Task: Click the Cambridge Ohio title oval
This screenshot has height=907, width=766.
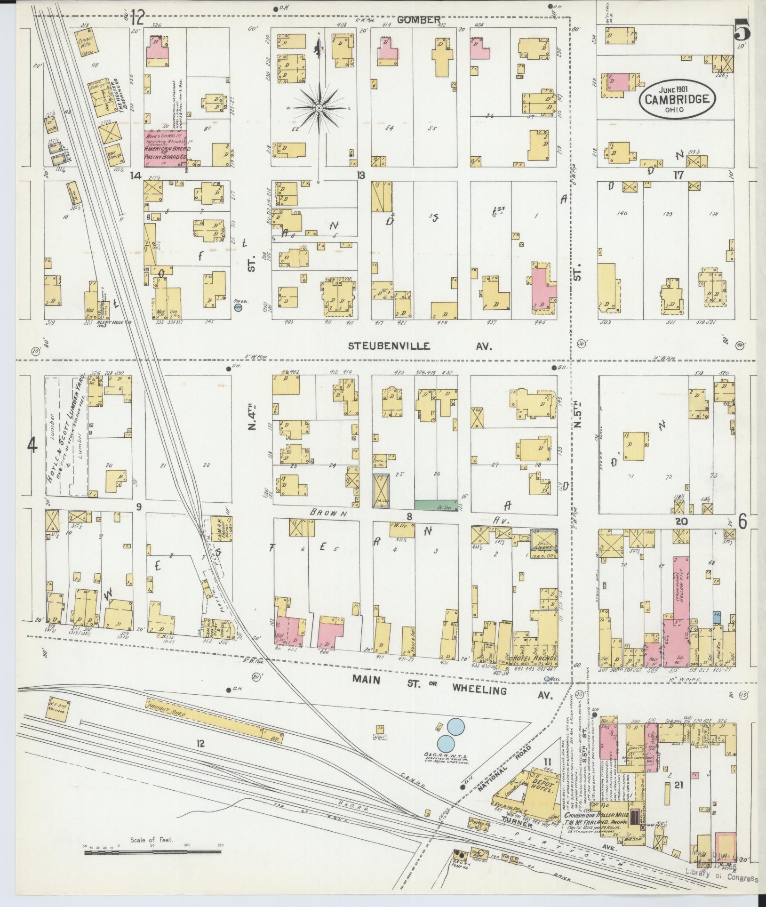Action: (677, 98)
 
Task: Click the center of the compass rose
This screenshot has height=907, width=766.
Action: (319, 109)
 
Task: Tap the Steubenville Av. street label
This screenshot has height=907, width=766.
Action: (420, 346)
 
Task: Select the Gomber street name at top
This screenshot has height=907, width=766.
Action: (425, 20)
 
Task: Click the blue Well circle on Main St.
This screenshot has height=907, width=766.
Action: (547, 679)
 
